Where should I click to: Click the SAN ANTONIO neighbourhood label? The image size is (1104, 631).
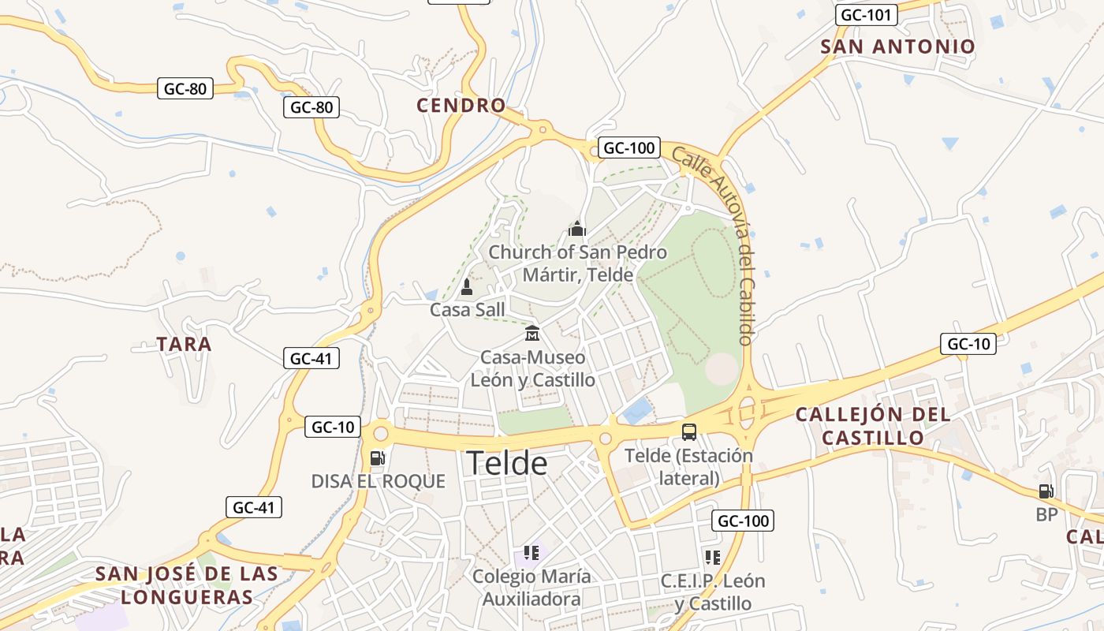897,47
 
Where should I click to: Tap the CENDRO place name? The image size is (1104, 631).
461,106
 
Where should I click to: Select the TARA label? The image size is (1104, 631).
184,345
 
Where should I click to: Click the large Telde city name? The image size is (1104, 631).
506,463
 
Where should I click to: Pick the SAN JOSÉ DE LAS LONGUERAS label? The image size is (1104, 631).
187,585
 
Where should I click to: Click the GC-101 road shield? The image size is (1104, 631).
866,15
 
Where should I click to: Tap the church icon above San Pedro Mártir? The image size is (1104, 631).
577,230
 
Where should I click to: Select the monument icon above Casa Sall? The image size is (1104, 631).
466,286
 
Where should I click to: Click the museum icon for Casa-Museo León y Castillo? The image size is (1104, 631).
531,333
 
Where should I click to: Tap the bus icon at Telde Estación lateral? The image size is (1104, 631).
689,431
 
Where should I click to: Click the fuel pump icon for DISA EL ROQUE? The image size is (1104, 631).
377,457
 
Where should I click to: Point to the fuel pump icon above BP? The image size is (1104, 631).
1046,491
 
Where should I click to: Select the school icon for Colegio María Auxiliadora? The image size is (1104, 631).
531,553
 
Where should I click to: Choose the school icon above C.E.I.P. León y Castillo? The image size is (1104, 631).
713,558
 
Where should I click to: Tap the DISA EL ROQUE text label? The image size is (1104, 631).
379,481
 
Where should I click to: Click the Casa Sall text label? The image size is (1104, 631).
467,310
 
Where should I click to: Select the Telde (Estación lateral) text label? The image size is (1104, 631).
688,467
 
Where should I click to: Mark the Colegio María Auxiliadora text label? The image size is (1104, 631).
531,588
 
